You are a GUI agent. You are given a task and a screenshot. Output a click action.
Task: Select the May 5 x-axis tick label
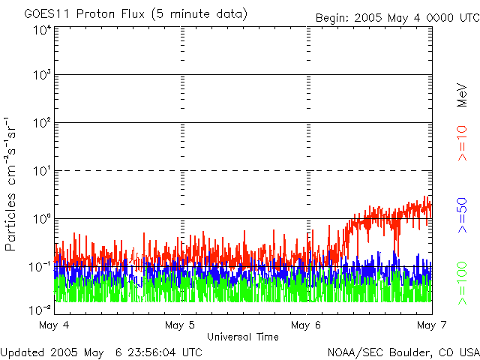pos(180,325)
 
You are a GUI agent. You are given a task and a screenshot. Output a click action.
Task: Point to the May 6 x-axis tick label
pos(306,325)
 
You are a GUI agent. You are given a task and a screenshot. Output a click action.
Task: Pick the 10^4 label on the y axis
pos(41,30)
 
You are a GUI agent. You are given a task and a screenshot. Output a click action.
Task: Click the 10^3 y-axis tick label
pos(41,76)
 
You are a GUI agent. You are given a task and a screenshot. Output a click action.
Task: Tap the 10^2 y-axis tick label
pos(41,124)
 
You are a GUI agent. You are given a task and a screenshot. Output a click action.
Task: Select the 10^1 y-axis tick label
pos(41,171)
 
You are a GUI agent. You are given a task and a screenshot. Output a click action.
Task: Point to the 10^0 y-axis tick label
pos(41,218)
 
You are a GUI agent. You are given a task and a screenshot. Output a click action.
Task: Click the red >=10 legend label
pos(462,143)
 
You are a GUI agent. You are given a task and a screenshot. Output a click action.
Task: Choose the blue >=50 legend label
pos(462,217)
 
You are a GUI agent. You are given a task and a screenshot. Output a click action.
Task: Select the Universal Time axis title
pos(243,337)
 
